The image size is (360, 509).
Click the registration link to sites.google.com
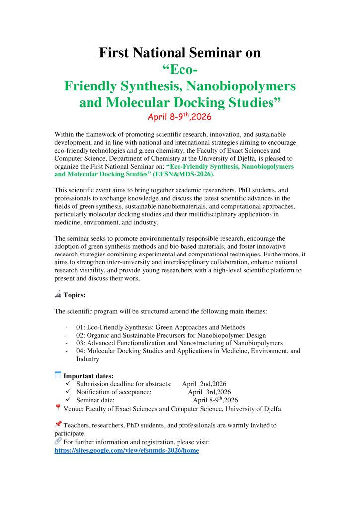[126, 450]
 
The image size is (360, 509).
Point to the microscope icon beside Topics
[58, 294]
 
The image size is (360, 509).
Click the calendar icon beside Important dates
[58, 375]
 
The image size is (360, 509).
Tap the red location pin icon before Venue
[58, 408]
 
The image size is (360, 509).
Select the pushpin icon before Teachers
[58, 424]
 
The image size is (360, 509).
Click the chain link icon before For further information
[58, 441]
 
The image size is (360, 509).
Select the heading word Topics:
[75, 295]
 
